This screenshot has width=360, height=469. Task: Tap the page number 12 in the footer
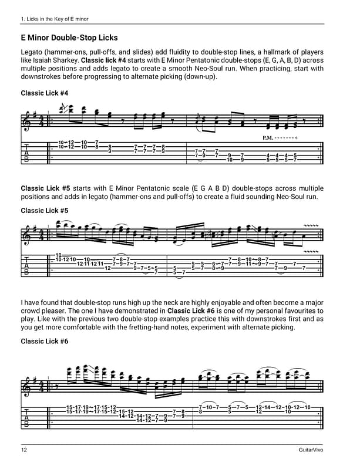click(23, 450)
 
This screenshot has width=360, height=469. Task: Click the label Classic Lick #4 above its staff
click(45, 93)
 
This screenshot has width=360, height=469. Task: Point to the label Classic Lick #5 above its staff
click(45, 210)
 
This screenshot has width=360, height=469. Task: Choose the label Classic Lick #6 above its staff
click(45, 341)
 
